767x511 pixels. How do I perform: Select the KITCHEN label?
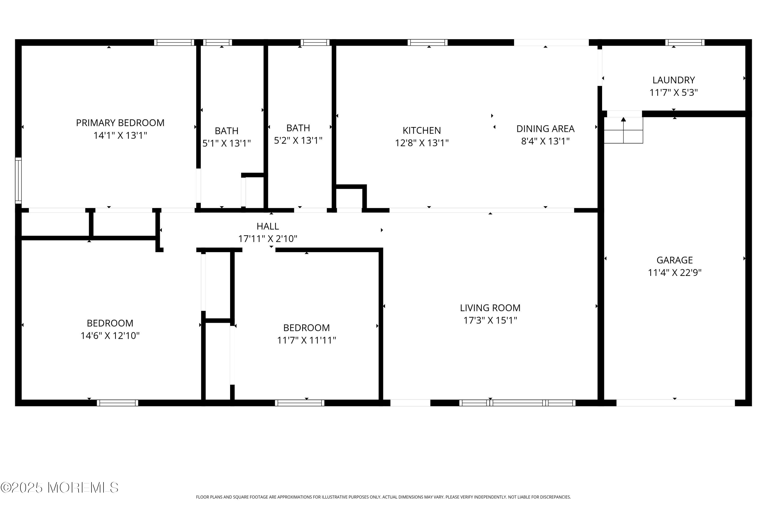point(422,130)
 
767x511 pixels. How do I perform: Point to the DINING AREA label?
point(545,129)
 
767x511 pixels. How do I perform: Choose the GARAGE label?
point(674,260)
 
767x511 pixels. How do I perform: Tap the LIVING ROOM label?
point(490,308)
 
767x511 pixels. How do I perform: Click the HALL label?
point(267,226)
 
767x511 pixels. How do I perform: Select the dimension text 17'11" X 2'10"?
point(267,239)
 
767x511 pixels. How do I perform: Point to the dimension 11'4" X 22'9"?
point(674,272)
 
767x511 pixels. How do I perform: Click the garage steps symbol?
point(623,130)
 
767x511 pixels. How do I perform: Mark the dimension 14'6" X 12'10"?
point(110,336)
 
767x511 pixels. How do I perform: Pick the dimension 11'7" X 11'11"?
point(306,340)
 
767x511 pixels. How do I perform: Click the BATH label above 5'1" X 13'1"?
point(226,131)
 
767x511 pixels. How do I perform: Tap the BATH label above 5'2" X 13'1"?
point(298,128)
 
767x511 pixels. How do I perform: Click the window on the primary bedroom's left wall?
point(18,181)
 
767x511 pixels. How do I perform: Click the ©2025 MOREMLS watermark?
point(60,487)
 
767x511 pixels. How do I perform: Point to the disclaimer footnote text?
point(383,497)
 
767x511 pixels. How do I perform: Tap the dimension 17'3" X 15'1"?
point(490,320)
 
